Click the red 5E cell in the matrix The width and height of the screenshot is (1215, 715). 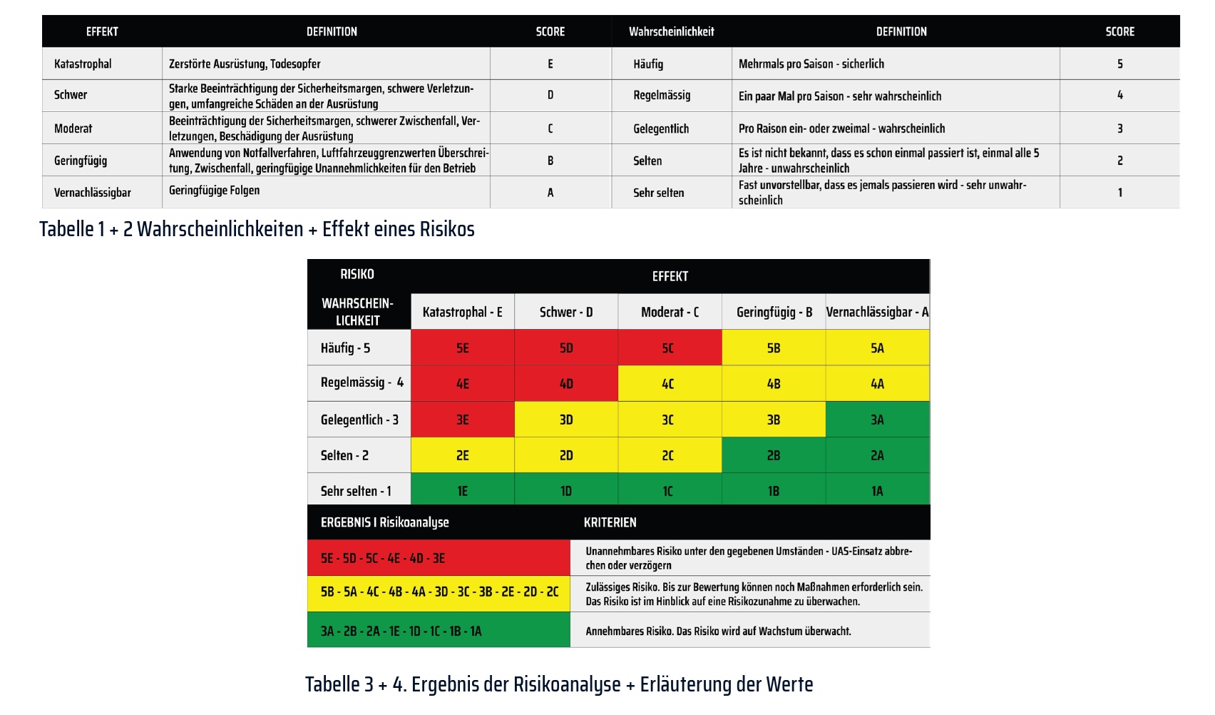pos(463,348)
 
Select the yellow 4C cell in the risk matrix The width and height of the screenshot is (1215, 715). pos(669,384)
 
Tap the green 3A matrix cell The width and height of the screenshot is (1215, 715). pos(877,420)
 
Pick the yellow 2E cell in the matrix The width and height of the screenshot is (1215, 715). pos(463,455)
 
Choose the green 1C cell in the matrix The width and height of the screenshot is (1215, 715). pos(669,491)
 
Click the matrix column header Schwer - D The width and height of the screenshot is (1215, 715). pos(566,312)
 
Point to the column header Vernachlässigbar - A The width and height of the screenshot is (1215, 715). pos(877,312)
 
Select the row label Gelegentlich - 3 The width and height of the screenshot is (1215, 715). pos(359,420)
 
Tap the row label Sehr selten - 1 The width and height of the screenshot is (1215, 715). pos(356,491)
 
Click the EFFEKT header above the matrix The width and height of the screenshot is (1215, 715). pos(670,276)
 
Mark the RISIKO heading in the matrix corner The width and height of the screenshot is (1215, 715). pos(357,274)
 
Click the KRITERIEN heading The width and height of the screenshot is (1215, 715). pos(610,522)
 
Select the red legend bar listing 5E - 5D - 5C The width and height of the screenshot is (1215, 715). pos(439,558)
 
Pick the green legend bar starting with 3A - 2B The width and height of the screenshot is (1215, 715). pos(439,631)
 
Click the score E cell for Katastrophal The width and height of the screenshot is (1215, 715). pos(550,64)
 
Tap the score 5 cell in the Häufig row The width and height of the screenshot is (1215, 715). pos(1119,64)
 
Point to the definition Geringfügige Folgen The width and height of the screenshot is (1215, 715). pos(215,191)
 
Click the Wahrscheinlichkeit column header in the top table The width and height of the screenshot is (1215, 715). pos(671,31)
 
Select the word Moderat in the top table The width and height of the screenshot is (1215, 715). pos(73,128)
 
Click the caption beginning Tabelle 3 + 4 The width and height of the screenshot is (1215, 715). pos(559,684)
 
